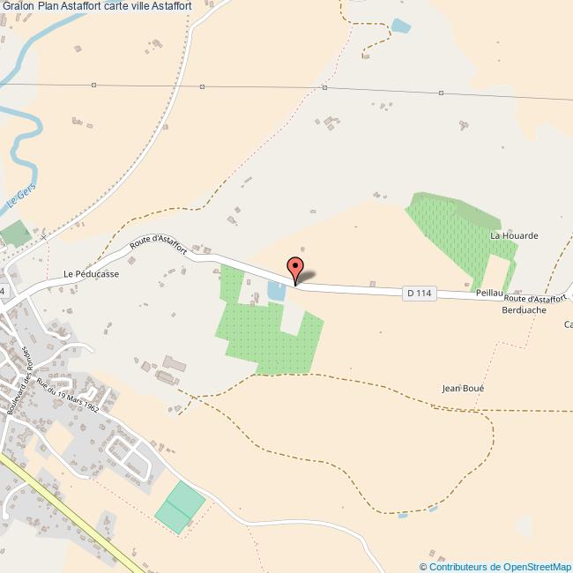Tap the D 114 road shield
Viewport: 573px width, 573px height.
click(420, 294)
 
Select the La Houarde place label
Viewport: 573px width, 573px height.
click(514, 236)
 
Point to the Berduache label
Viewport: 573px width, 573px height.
click(525, 310)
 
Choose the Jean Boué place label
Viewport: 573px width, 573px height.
click(463, 388)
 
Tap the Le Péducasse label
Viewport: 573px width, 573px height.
click(91, 274)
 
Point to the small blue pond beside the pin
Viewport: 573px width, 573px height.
click(276, 292)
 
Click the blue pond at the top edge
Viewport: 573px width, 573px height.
click(400, 26)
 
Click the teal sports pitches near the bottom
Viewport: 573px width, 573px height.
click(180, 506)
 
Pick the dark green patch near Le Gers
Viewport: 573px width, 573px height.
click(15, 234)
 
